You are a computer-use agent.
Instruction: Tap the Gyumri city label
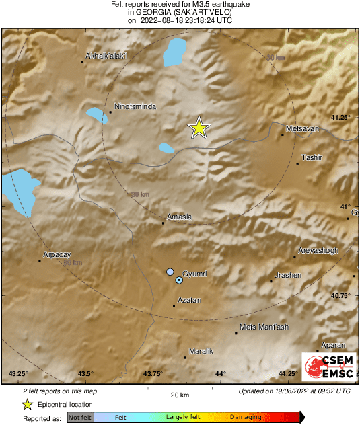coord(195,274)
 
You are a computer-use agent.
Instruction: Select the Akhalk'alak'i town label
coord(107,56)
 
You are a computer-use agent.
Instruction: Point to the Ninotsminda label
coord(136,106)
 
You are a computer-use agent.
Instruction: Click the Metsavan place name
coord(301,128)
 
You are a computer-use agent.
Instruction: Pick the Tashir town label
coord(312,157)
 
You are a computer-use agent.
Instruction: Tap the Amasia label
coord(180,217)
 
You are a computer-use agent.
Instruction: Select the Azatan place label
coord(189,301)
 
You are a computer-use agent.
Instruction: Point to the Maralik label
coord(201,351)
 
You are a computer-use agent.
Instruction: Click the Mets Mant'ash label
coord(264,327)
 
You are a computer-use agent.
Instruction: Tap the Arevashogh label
coord(319,250)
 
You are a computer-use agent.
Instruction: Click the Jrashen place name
coord(289,276)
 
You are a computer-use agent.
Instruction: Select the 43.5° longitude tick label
coord(85,374)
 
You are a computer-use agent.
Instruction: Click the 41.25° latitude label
coord(342,118)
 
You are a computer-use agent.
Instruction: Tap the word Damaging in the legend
coord(246,418)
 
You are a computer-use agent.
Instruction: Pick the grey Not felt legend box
coord(80,418)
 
